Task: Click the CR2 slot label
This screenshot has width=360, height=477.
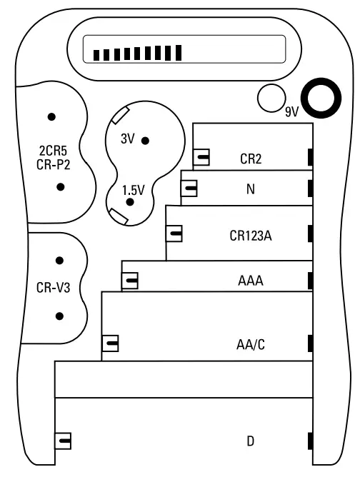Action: [251, 159]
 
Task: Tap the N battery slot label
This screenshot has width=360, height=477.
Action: [250, 190]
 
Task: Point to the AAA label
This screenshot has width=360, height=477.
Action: [251, 281]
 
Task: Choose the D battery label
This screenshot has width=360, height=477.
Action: [251, 441]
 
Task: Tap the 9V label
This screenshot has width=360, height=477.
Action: [291, 112]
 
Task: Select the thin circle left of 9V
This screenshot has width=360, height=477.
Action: [271, 98]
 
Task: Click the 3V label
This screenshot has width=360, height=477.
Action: [128, 139]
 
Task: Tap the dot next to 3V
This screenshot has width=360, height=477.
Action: [145, 141]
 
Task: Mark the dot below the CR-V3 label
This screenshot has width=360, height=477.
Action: [60, 315]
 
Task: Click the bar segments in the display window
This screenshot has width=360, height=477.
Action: [140, 54]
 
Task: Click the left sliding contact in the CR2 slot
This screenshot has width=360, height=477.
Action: [202, 158]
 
